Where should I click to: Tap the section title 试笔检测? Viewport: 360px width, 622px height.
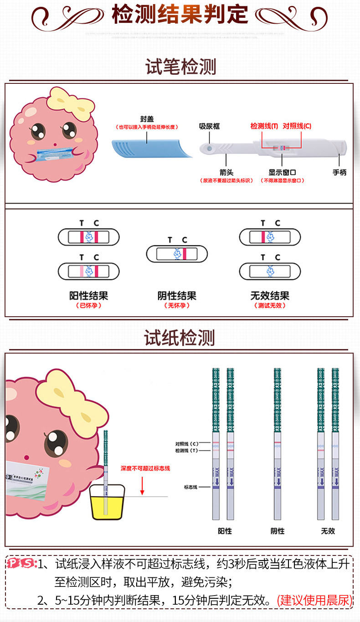coord(180,67)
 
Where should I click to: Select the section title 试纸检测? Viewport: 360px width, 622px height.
coord(180,338)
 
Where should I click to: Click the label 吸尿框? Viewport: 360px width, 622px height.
coord(209,126)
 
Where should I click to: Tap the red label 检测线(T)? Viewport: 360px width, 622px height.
coord(264,126)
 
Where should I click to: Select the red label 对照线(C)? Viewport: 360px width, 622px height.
coord(297,126)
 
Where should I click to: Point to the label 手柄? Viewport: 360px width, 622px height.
coord(339,173)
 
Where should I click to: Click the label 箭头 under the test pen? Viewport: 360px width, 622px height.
coord(226,173)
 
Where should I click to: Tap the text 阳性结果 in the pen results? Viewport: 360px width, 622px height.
coord(88,296)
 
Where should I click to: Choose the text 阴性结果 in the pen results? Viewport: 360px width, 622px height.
coord(177,296)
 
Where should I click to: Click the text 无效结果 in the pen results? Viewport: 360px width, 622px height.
coord(270,296)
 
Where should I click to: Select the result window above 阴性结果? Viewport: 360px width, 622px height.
coord(177,253)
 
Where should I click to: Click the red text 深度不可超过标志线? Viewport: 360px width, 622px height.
coord(142,468)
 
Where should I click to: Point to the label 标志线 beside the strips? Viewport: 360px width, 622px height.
coord(190,487)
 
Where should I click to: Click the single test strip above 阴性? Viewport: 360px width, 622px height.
coord(277,444)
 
